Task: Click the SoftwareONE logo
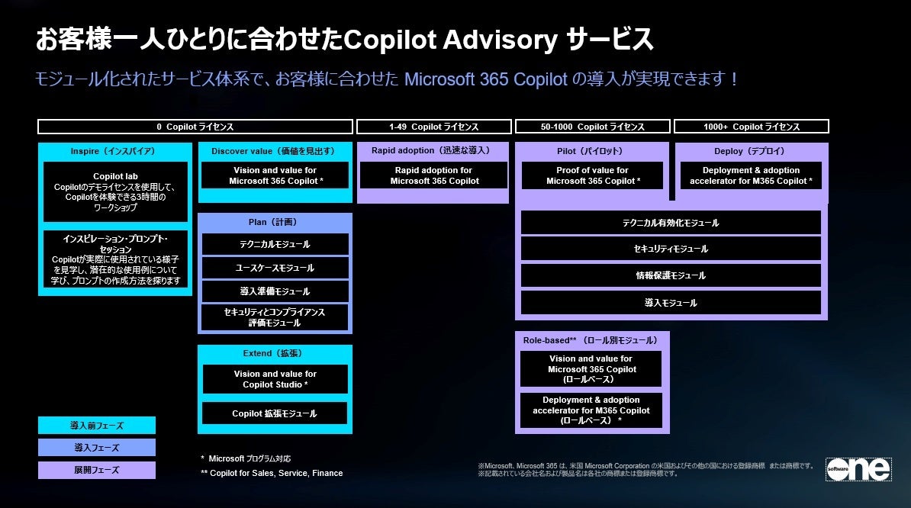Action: pos(858,469)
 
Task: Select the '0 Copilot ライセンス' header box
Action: pos(195,127)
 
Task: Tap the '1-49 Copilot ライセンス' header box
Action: pos(433,127)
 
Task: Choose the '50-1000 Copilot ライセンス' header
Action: pos(593,127)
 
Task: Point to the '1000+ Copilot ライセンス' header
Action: pos(751,127)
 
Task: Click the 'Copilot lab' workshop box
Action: pos(115,191)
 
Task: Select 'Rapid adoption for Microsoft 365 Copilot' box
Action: pos(433,175)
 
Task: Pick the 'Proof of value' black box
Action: pos(593,175)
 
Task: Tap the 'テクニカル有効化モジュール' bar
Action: pos(671,223)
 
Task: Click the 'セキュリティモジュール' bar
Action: pos(671,249)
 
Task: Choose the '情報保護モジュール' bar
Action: pos(671,275)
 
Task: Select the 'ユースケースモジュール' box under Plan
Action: pos(275,268)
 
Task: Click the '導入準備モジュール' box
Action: pos(275,291)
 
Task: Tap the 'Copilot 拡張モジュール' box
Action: pos(275,413)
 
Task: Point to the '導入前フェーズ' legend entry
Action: pos(97,425)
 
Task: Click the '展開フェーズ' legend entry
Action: pos(97,470)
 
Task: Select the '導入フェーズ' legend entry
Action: pos(97,448)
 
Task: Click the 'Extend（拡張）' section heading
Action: pos(275,354)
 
